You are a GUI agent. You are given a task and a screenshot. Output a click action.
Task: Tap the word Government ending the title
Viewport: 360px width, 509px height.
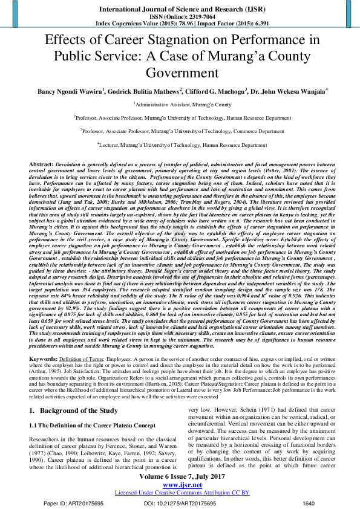(x=180, y=74)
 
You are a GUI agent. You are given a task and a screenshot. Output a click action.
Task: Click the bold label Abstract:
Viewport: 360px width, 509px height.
(x=41, y=164)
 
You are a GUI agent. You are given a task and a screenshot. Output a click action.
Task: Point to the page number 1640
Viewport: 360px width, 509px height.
(x=309, y=503)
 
